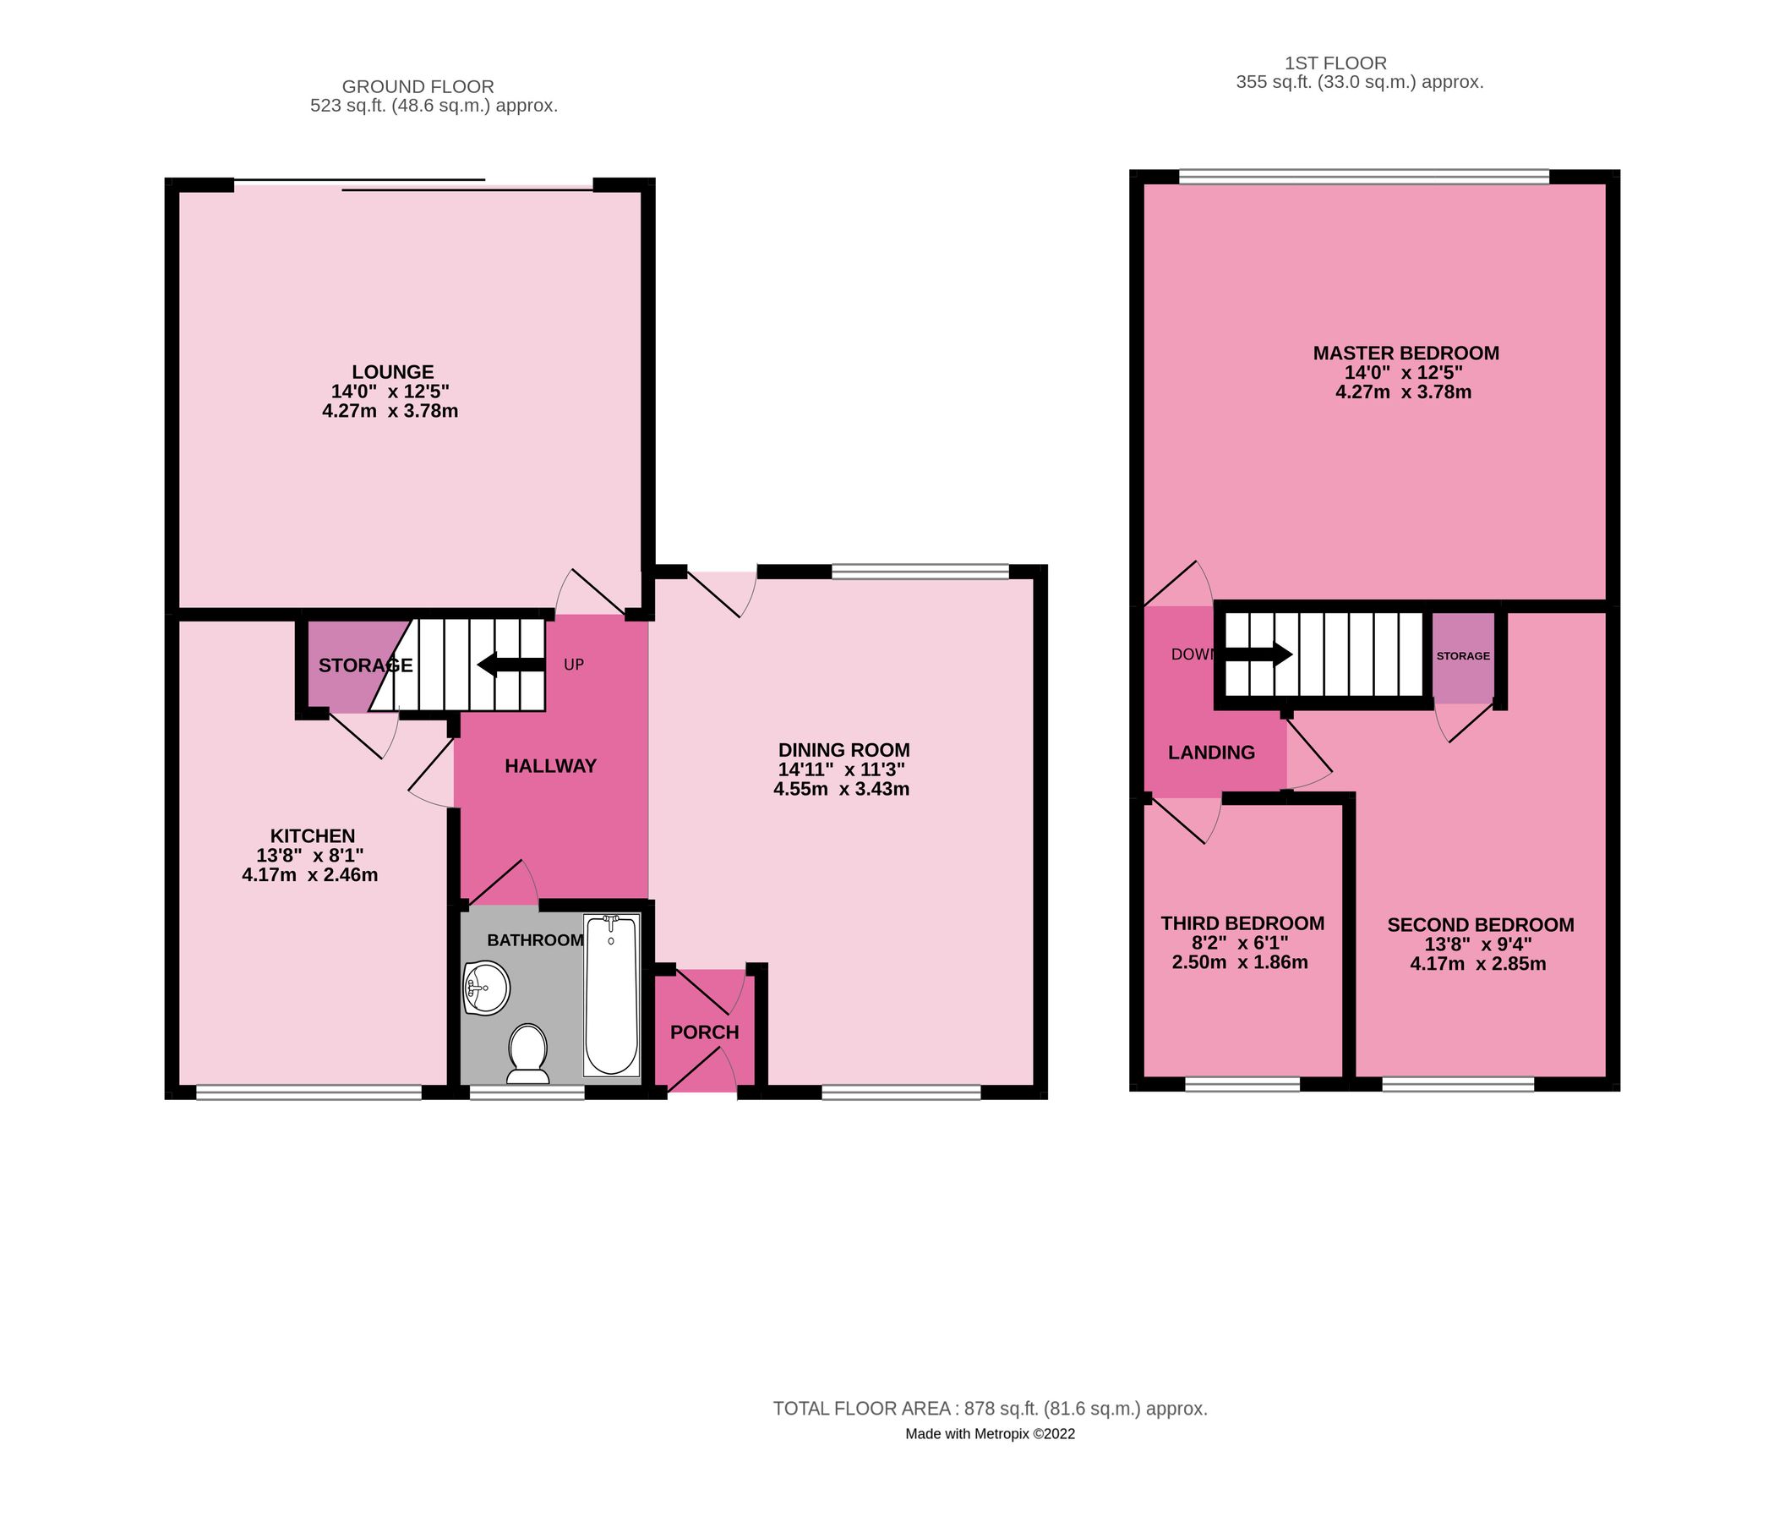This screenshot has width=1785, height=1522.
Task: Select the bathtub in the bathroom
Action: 611,995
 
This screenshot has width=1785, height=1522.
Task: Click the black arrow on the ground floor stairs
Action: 510,665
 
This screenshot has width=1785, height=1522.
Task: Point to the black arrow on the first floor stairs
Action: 1258,654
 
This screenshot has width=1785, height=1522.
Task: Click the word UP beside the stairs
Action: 574,665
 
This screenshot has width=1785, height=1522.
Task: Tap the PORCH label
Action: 705,1032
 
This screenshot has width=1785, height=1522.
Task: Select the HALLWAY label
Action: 550,766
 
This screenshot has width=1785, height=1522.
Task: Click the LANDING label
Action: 1211,753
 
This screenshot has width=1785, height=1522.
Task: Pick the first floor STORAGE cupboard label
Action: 1463,656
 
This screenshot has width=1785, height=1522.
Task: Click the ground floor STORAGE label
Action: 365,665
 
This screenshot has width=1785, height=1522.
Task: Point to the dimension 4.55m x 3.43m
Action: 842,789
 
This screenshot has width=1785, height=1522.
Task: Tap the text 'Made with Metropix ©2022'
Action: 990,1434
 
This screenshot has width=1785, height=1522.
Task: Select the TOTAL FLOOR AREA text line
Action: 990,1409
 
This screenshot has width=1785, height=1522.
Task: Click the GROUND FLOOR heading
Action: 418,86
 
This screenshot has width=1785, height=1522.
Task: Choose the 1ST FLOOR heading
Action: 1335,63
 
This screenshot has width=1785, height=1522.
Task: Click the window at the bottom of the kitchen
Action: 308,1092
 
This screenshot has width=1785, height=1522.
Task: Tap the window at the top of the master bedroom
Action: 1364,177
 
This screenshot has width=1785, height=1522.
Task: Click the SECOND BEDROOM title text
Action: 1480,925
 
